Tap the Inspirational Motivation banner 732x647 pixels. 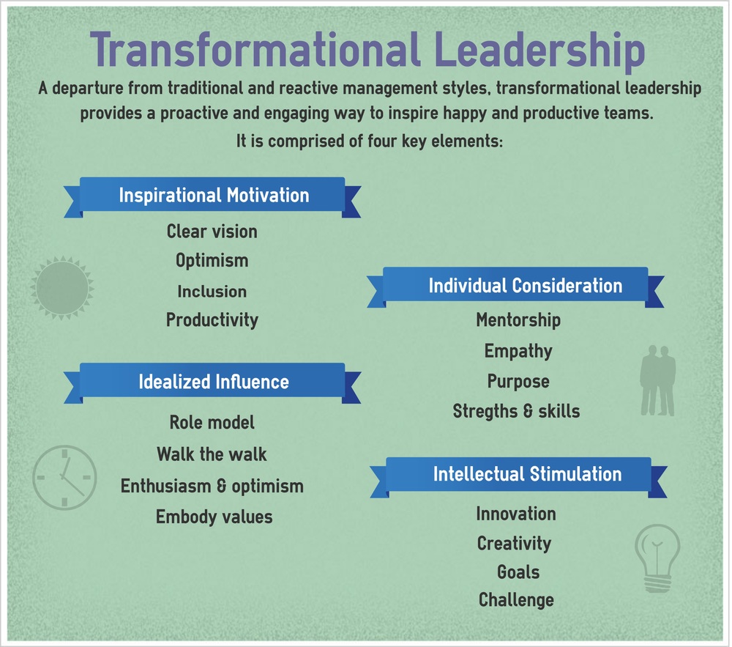[213, 196]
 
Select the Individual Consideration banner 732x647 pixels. [525, 286]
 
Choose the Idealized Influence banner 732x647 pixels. [213, 382]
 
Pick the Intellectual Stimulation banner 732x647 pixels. [527, 473]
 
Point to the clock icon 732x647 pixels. [64, 477]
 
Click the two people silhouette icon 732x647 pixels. [657, 381]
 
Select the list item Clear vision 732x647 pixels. [212, 232]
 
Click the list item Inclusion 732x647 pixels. [212, 291]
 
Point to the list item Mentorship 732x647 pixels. [518, 320]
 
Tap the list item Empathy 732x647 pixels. [518, 351]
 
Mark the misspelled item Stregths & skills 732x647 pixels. [516, 411]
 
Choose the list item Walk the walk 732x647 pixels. [212, 454]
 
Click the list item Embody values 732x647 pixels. [214, 517]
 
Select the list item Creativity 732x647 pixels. [514, 544]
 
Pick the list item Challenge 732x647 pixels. [516, 600]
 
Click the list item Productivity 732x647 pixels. [212, 320]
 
